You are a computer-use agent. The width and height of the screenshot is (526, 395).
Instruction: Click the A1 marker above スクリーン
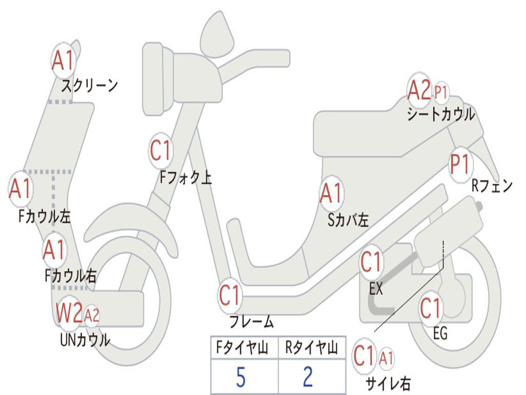coord(64,61)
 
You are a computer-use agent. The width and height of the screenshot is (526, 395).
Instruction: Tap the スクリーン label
coord(89,85)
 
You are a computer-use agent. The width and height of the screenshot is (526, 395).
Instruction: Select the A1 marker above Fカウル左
coord(21,189)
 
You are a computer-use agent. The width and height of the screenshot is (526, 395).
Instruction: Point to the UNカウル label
coord(85,339)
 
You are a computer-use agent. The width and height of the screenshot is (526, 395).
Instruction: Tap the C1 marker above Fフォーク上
coord(161,150)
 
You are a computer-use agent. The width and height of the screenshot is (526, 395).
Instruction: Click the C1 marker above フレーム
coord(230,296)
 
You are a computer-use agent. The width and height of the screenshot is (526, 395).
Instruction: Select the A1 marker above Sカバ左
coord(331,193)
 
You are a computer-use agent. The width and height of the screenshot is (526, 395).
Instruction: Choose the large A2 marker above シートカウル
coord(419,91)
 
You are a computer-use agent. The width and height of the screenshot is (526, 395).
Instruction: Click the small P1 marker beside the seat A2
coord(441,93)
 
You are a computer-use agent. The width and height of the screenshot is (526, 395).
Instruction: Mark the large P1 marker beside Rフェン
coord(460,165)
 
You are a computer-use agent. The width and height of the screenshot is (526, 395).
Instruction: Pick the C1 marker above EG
coord(431,309)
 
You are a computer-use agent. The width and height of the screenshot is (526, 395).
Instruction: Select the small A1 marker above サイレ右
coord(386,357)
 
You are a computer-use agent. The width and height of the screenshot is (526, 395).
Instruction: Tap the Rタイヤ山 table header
coord(311,349)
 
